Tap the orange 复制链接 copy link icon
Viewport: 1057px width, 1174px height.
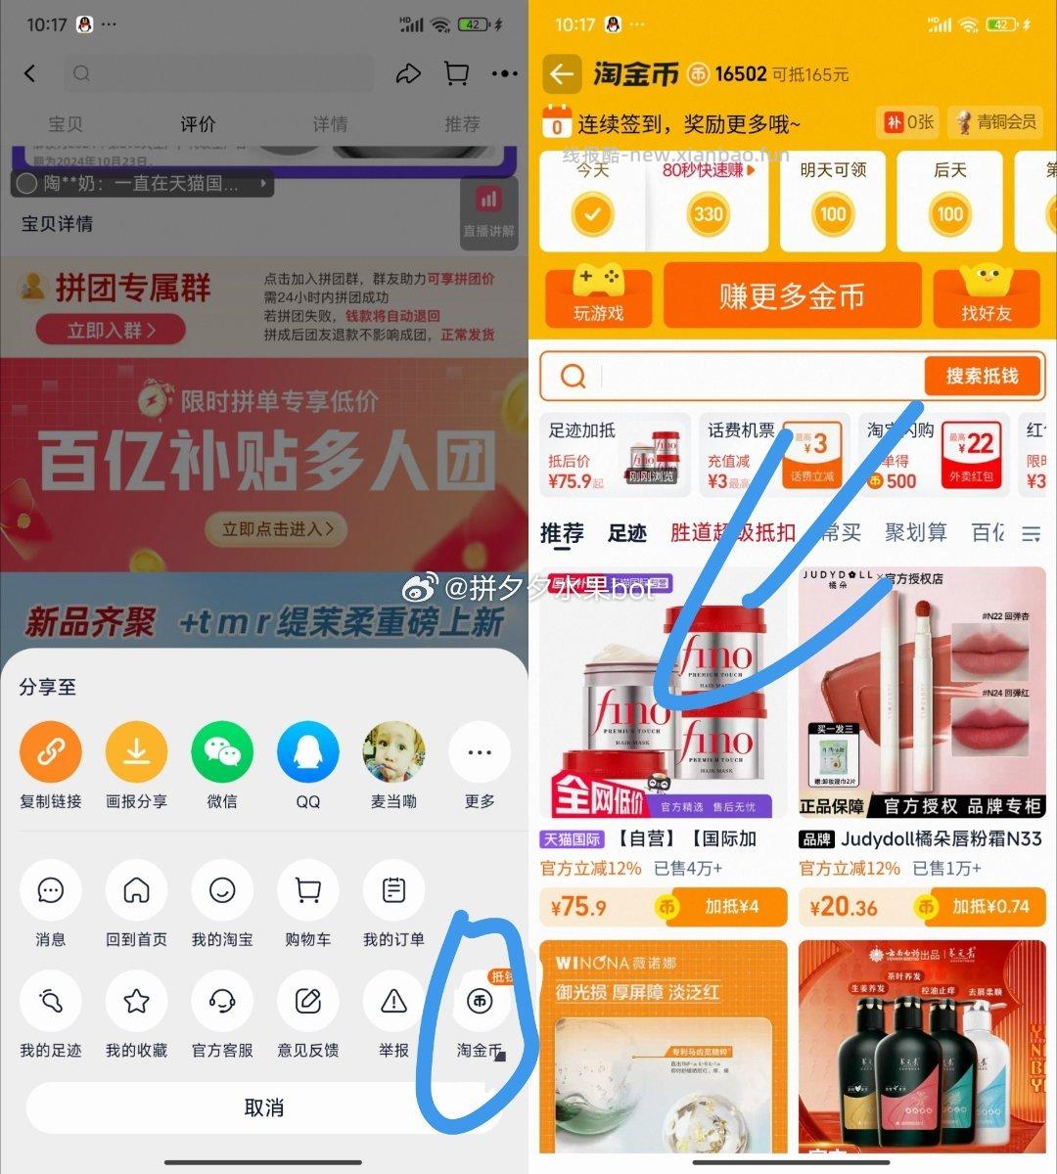51,751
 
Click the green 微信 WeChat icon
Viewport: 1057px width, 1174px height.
222,751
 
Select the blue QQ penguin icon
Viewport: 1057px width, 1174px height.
307,751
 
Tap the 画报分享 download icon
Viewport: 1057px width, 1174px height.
136,751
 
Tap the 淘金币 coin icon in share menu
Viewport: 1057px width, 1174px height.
479,1001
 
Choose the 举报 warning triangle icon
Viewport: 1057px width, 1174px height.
393,1001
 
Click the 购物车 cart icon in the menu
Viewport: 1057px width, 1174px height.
307,890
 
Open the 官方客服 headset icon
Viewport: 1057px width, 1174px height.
222,1001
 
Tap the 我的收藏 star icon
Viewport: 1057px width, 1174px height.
136,1001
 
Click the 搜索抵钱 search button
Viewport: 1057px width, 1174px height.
982,376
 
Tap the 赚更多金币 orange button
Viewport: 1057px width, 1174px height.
792,295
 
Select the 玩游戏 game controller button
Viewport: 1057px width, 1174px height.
598,295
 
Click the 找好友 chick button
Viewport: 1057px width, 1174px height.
986,295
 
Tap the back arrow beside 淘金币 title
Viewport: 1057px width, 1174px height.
561,73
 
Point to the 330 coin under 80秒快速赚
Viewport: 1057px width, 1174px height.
709,214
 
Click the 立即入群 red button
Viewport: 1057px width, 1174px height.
111,331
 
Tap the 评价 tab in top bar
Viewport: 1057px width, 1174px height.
198,124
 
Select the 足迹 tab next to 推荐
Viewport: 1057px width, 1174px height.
627,533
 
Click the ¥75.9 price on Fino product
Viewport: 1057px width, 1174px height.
578,907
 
